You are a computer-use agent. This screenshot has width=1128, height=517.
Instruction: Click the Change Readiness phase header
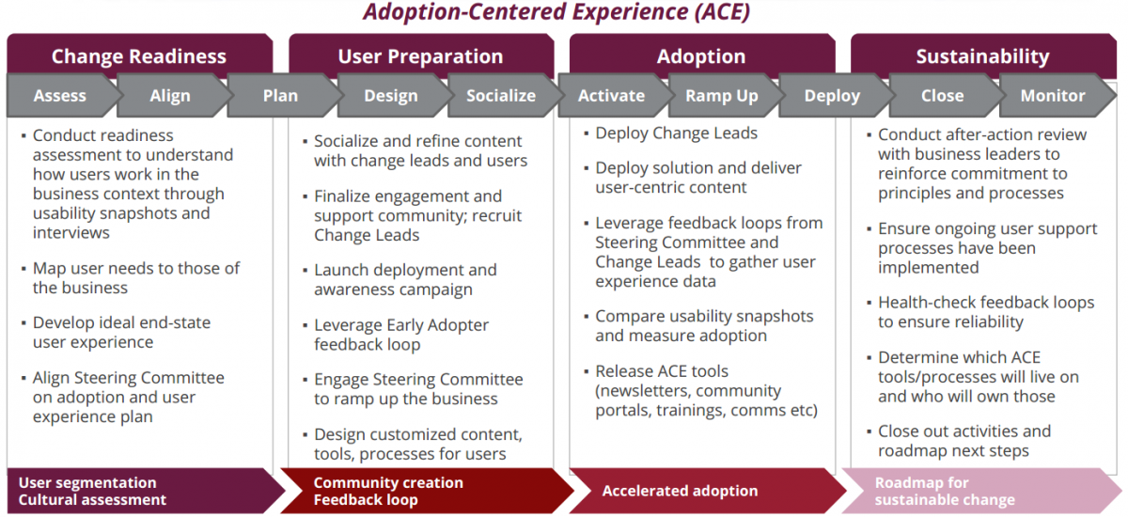click(x=139, y=55)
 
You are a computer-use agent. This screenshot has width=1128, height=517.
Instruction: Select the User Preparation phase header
click(x=421, y=55)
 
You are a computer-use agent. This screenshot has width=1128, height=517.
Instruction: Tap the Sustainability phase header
click(x=983, y=55)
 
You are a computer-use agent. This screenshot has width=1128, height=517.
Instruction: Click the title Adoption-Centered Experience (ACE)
click(x=556, y=11)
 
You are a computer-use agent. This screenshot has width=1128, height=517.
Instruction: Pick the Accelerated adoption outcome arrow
click(x=708, y=491)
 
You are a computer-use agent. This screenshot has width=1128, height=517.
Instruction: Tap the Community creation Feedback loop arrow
click(x=427, y=491)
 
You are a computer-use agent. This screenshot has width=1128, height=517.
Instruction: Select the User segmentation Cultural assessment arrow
click(x=146, y=491)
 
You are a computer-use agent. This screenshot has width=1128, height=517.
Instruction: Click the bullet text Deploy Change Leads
click(x=676, y=133)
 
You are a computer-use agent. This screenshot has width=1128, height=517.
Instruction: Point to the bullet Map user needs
click(x=136, y=278)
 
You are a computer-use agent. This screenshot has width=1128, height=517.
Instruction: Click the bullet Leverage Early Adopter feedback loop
click(x=401, y=335)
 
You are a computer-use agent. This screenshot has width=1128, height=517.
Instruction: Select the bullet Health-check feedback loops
click(x=986, y=312)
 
